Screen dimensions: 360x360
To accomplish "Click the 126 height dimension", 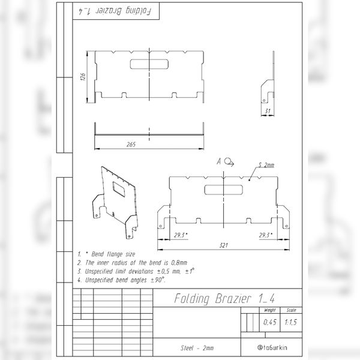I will coord(85,76).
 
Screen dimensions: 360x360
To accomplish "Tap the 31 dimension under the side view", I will coord(267,110).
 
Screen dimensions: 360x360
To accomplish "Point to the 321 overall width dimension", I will coord(223,245).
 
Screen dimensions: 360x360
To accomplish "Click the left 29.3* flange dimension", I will coord(179,235).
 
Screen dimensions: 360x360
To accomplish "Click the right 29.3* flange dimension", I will coord(265,235).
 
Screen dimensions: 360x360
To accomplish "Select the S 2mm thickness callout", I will coord(265,165).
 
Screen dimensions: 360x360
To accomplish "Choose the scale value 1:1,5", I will coord(290,323).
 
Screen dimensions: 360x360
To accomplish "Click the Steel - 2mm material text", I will coord(197,348).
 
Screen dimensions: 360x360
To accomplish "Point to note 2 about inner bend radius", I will coord(132,263).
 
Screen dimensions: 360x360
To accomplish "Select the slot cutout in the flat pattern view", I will coord(224,190).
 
